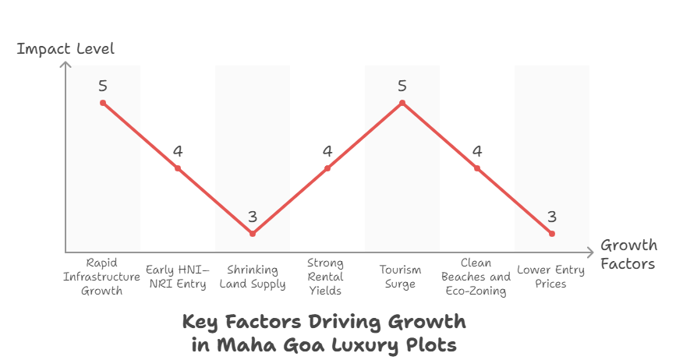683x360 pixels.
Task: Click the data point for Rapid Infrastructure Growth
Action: [x=103, y=103]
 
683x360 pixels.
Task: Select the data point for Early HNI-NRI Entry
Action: [x=178, y=168]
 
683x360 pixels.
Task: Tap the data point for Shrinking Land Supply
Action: [x=253, y=234]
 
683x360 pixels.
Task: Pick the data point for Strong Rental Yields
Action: [x=327, y=168]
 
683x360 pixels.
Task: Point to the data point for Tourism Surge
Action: [x=402, y=103]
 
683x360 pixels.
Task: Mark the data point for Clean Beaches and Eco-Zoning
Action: [x=477, y=168]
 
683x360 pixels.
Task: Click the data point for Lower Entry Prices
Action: [x=552, y=234]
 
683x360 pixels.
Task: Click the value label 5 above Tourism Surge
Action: [x=402, y=86]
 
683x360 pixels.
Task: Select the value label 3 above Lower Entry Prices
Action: [x=552, y=217]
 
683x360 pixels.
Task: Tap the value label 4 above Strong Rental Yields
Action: [x=327, y=151]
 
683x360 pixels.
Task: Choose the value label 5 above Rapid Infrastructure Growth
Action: [x=103, y=86]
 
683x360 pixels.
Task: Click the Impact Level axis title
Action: [x=65, y=49]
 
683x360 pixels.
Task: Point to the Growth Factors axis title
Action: [x=628, y=254]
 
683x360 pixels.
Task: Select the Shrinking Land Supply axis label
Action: [x=253, y=277]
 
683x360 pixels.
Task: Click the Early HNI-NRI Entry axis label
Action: [x=178, y=277]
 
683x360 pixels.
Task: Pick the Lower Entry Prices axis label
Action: [x=551, y=277]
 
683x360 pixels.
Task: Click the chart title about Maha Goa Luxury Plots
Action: [x=324, y=333]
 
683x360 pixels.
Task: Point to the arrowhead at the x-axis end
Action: [x=590, y=252]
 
